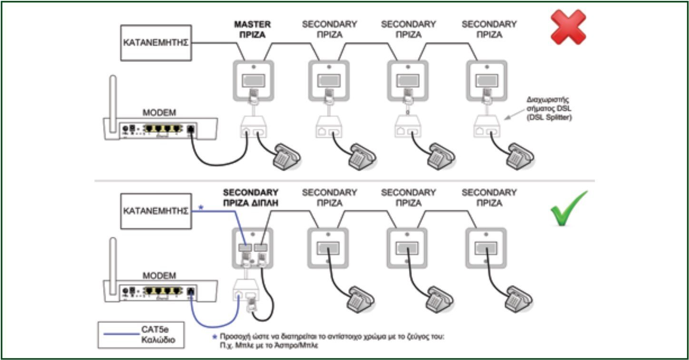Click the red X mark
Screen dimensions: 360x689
pos(568,27)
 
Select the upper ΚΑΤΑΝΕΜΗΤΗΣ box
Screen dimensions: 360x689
pos(156,43)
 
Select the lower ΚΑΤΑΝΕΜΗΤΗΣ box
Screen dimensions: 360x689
pos(156,211)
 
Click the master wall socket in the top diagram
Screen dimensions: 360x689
pos(253,80)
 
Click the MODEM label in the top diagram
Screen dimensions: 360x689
pos(159,114)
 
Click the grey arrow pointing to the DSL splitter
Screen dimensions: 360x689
pos(510,117)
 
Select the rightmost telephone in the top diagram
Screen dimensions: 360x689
pos(519,156)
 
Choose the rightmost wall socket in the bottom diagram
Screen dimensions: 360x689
pos(486,247)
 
